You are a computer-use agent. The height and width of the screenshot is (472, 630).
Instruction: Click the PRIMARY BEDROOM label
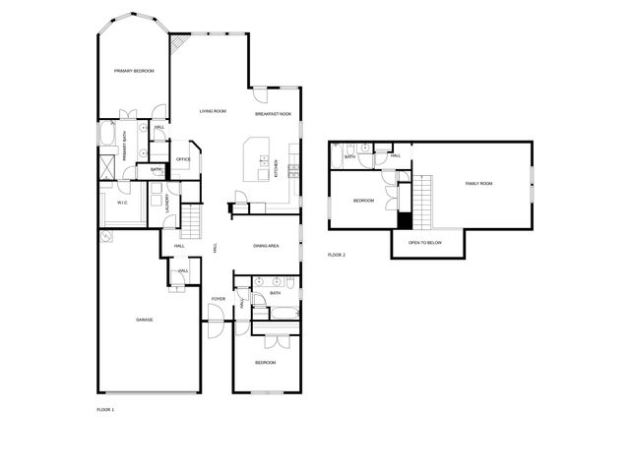point(134,71)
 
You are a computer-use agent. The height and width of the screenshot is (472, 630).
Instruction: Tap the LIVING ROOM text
point(213,111)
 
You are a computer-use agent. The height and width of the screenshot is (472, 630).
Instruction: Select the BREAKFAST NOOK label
point(273,115)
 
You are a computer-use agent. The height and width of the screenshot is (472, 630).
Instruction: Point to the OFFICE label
point(183,158)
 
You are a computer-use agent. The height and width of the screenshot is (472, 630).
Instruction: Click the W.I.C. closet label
point(123,204)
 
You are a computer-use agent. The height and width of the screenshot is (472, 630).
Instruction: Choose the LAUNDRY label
point(168,205)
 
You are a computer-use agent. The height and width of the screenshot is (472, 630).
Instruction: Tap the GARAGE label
point(144,320)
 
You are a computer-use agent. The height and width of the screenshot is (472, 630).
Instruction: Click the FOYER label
point(219,298)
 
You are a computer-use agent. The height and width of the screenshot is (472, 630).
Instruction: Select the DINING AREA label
point(267,246)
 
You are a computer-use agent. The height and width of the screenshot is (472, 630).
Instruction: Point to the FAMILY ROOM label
point(478,184)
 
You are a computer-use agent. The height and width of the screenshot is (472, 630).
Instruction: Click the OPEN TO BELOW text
point(425,242)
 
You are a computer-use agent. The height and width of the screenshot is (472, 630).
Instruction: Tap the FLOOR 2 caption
point(337,255)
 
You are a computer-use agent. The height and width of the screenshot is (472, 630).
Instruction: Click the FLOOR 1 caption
point(105,409)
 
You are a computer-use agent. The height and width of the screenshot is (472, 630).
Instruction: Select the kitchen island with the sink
point(257,159)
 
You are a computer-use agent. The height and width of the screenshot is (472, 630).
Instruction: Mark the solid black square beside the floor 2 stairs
point(404,220)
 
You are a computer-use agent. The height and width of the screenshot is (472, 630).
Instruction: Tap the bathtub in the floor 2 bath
point(336,155)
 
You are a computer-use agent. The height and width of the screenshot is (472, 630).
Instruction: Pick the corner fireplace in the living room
point(179,43)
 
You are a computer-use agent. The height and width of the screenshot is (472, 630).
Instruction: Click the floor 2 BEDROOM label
point(363,201)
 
